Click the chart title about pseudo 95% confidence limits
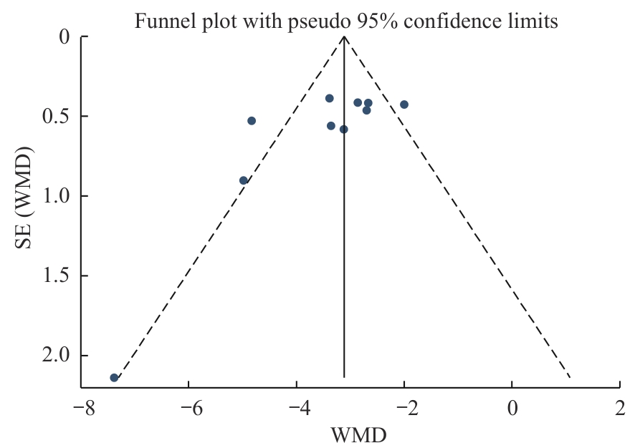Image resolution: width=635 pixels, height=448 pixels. pos(346,21)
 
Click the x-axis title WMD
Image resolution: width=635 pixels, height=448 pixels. pos(358,434)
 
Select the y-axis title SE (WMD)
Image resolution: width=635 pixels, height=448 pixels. pos(26,199)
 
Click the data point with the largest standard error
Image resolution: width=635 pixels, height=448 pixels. pos(114,377)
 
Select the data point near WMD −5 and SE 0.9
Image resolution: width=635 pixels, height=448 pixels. pos(244,180)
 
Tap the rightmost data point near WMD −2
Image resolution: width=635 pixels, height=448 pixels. pos(404,104)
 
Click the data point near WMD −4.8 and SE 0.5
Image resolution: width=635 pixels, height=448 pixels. pos(252,121)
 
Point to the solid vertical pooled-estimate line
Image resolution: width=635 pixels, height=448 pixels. pos(345,250)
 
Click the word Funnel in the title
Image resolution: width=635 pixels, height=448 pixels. pos(158,21)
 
